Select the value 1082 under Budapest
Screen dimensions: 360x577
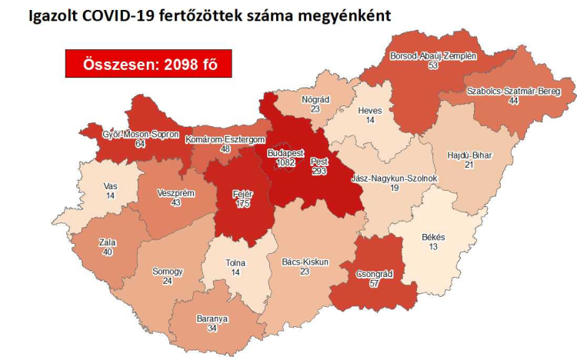[x=285, y=163]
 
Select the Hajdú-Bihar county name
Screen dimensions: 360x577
[x=469, y=155]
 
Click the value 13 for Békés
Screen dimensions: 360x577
[x=434, y=246]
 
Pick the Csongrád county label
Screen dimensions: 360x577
[x=376, y=274]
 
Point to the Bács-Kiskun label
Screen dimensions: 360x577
[x=305, y=262]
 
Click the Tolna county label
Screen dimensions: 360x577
[x=235, y=262]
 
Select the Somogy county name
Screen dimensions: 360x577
[x=168, y=272]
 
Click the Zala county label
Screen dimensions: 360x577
[x=108, y=242]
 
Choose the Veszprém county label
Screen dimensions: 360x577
[x=175, y=192]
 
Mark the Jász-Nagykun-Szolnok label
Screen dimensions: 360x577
[x=394, y=178]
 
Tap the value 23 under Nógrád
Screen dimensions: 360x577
[x=315, y=109]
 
